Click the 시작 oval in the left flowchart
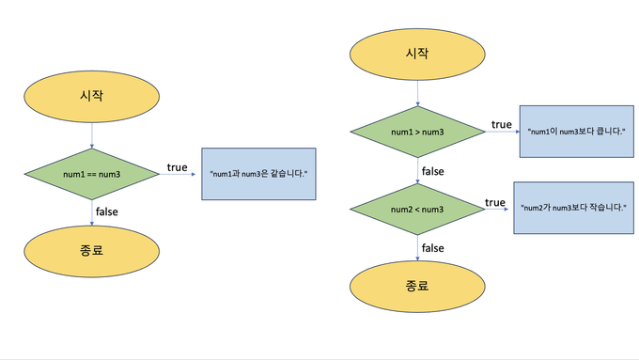91,95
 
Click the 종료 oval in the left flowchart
91,248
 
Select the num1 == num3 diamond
91,174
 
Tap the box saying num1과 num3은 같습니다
257,174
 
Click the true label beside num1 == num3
177,167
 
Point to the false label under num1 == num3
107,212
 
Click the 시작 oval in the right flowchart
417,54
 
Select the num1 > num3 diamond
418,132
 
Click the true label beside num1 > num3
501,125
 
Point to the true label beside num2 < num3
495,202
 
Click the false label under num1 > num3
432,171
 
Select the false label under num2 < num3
432,247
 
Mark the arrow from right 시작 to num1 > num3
417,91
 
